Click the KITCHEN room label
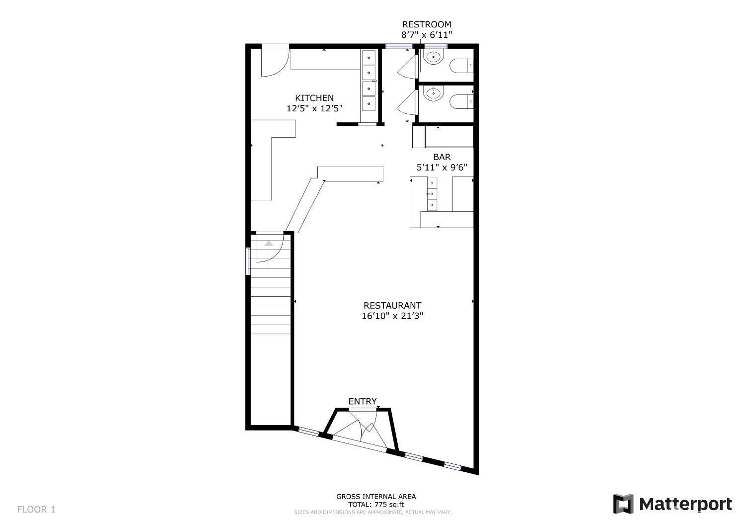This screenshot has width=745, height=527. tap(314, 98)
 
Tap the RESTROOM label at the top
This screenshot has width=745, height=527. tap(427, 24)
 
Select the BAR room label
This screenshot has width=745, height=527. tap(442, 157)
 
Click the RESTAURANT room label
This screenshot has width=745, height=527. tap(392, 305)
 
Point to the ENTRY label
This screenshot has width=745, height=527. tap(363, 401)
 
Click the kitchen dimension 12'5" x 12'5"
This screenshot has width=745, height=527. tap(314, 108)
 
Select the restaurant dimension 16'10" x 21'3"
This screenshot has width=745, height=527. tap(392, 316)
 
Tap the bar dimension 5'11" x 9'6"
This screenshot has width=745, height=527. tap(442, 168)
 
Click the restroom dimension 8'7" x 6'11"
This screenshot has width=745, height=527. tap(427, 35)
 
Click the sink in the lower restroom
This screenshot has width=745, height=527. tap(433, 93)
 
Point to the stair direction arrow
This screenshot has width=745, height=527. tap(269, 244)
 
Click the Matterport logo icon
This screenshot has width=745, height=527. tap(623, 504)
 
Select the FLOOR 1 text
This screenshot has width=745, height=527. tap(36, 509)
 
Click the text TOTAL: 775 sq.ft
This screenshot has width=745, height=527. tap(375, 504)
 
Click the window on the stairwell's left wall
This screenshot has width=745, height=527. tap(248, 261)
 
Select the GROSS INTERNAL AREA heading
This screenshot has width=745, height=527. tap(376, 496)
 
